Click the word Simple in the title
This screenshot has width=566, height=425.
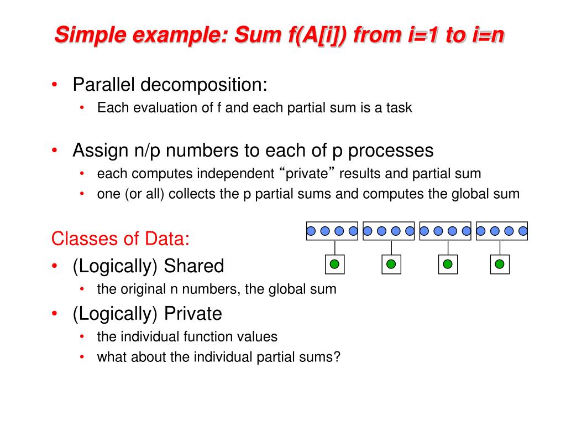point(88,36)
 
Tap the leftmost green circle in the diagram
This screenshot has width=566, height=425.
point(334,265)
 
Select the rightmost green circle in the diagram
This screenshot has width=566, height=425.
point(500,265)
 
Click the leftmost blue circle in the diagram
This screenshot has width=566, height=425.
point(311,231)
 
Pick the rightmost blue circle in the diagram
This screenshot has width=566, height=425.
point(523,231)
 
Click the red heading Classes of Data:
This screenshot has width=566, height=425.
point(120,239)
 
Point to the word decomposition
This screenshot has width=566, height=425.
point(203,85)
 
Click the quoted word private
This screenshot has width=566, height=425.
point(307,174)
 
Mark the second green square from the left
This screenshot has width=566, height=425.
point(391,265)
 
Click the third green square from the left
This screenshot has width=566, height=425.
point(448,265)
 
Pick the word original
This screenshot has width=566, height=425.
point(141,289)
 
